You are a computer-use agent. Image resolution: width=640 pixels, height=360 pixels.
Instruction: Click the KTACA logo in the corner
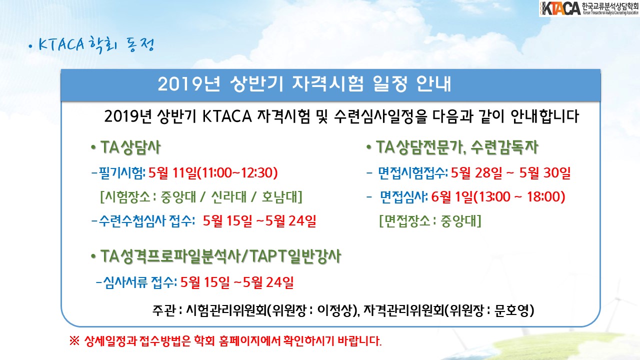click(x=589, y=8)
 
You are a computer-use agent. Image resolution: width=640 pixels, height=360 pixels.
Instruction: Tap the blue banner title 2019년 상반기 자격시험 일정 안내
click(x=304, y=84)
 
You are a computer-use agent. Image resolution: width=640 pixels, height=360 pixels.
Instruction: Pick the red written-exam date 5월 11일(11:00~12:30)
click(x=213, y=173)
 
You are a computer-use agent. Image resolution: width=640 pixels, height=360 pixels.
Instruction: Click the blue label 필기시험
click(x=121, y=173)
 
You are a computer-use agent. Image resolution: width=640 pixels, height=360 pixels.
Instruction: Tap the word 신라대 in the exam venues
click(x=228, y=197)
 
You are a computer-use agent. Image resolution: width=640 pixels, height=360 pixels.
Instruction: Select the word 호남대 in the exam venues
click(x=279, y=197)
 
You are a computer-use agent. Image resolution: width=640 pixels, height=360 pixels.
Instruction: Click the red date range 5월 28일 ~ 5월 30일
click(x=511, y=173)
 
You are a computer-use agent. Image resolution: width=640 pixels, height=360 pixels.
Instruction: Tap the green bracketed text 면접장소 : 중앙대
click(x=430, y=221)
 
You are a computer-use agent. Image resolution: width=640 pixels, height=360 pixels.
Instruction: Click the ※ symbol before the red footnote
click(x=74, y=341)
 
